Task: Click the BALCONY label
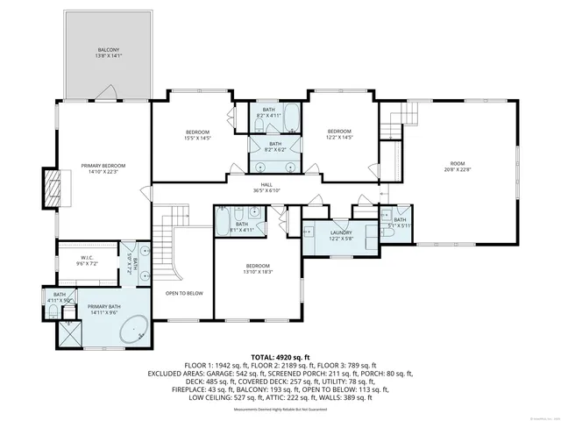click(108, 52)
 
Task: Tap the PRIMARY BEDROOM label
click(103, 168)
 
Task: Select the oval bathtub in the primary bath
click(134, 331)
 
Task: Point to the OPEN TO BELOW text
click(184, 293)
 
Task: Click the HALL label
click(266, 187)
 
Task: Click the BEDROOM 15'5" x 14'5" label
click(197, 134)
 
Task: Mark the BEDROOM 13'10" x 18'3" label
click(258, 268)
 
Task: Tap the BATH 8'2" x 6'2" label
click(274, 146)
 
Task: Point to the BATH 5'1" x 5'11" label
click(400, 223)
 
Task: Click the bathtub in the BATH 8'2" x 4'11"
click(289, 118)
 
